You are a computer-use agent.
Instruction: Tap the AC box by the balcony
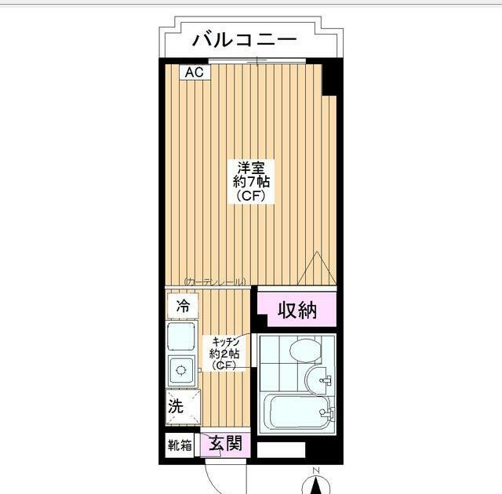tap(194, 72)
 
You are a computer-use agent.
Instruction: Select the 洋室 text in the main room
tap(251, 167)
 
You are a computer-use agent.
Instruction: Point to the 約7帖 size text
tap(251, 182)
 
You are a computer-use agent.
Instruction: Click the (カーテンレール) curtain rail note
tap(215, 282)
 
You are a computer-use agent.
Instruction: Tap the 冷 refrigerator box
tap(182, 306)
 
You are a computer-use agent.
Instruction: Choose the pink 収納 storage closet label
tap(297, 310)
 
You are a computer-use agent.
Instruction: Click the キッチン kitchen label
tap(225, 343)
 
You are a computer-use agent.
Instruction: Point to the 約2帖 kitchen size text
tap(225, 354)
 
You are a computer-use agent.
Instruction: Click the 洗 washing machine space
tap(176, 406)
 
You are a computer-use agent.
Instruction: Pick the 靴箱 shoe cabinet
tap(179, 445)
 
